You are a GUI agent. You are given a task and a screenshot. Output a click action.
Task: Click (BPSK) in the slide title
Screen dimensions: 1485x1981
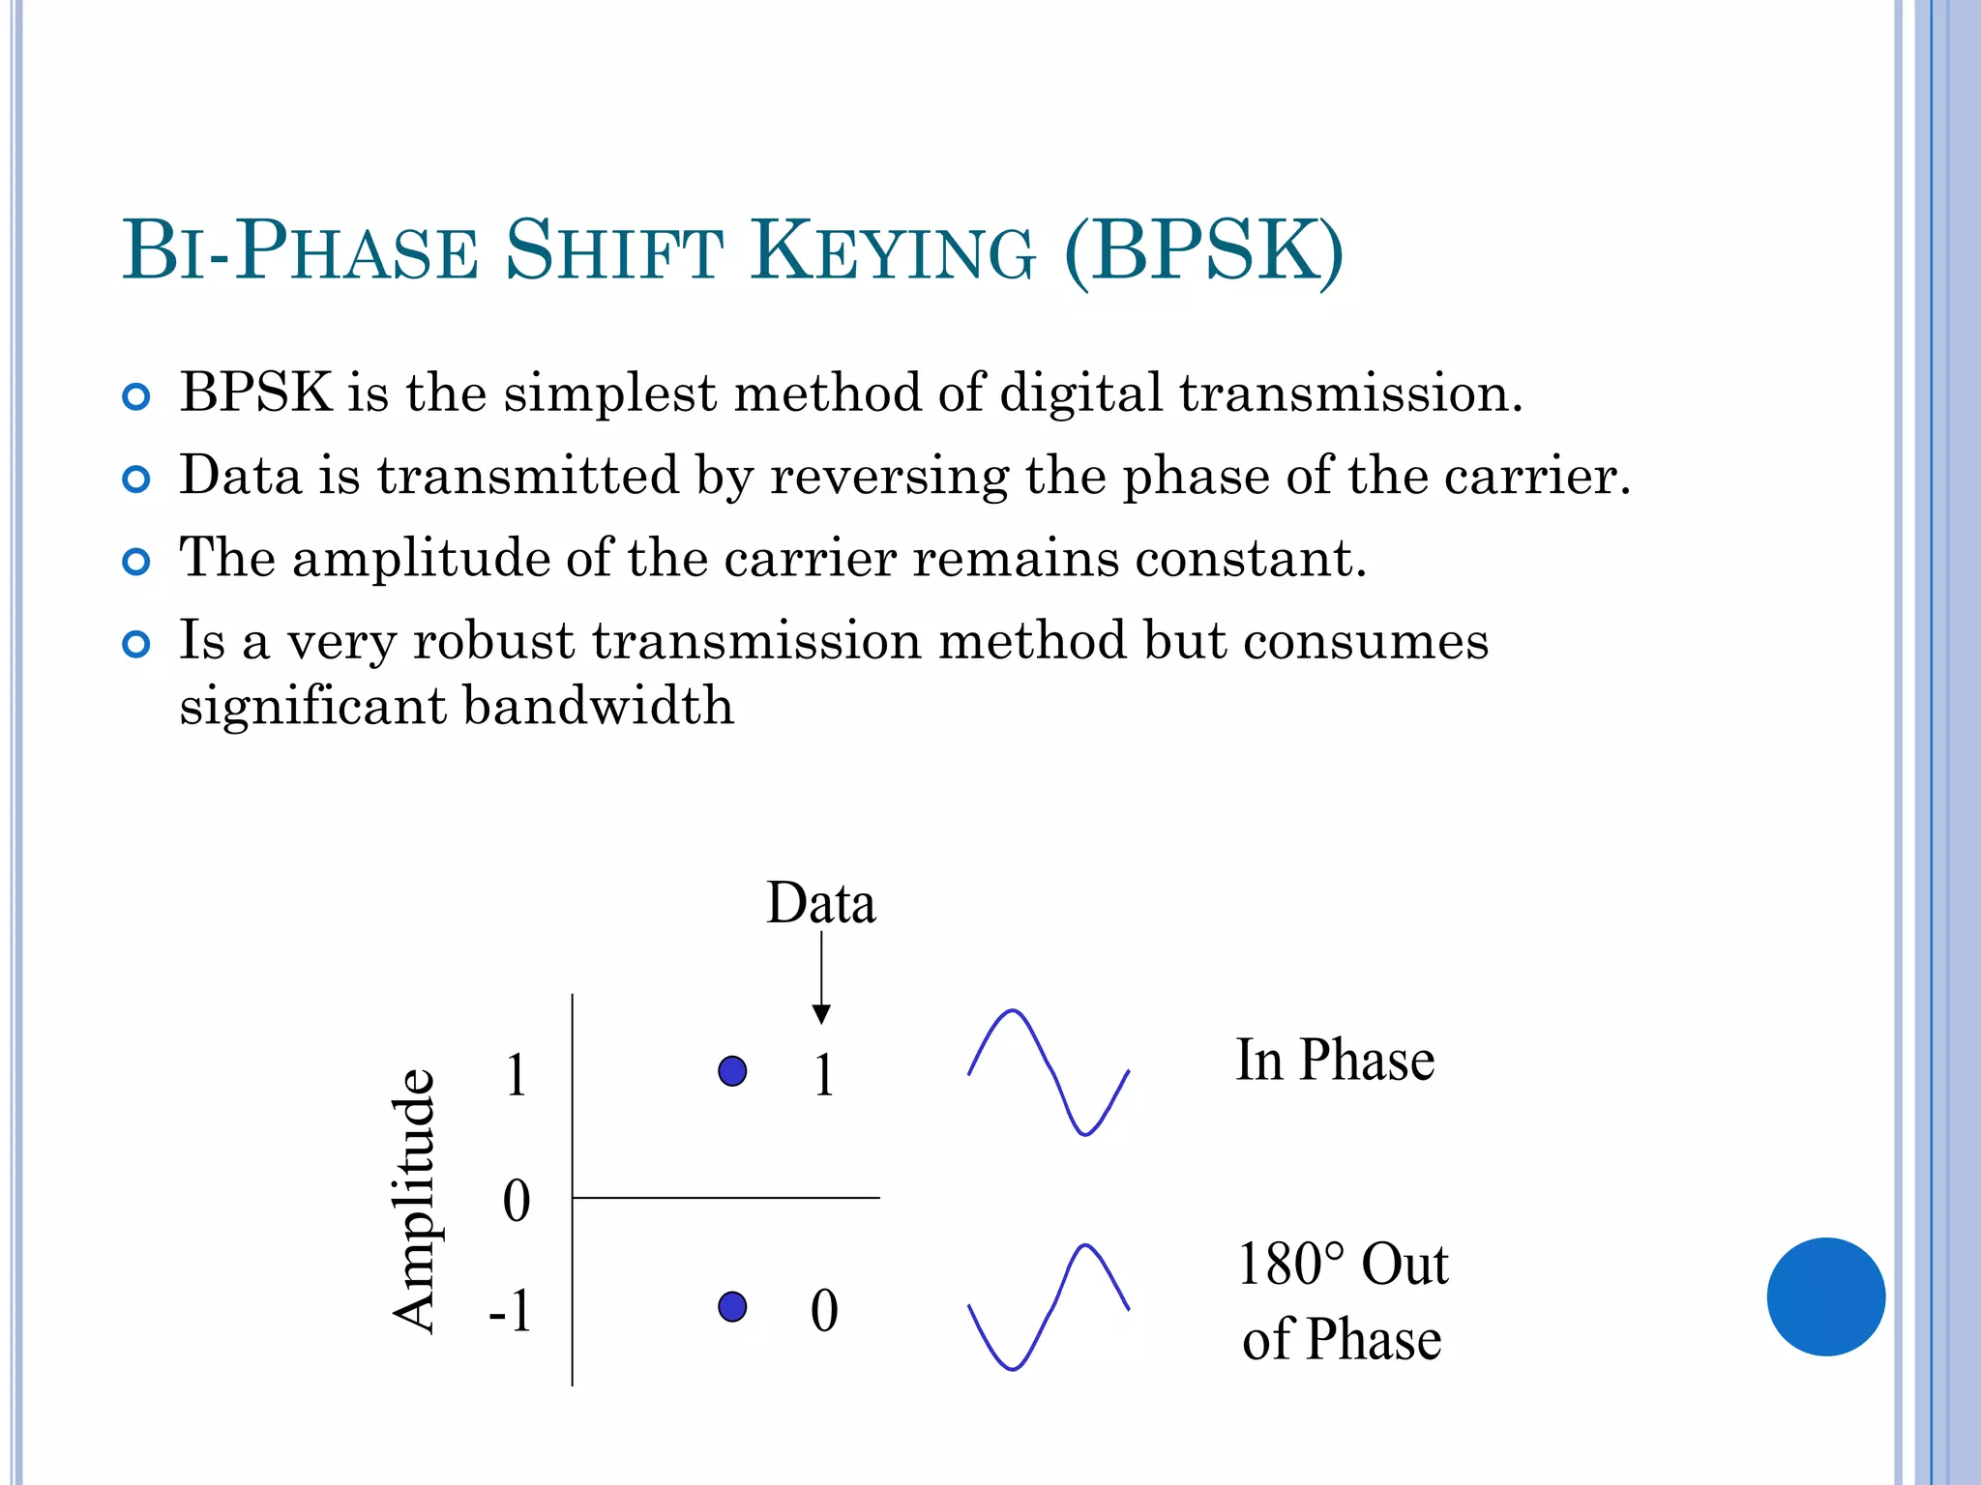pyautogui.click(x=1203, y=252)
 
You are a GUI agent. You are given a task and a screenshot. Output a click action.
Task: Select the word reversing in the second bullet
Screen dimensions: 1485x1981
pyautogui.click(x=889, y=477)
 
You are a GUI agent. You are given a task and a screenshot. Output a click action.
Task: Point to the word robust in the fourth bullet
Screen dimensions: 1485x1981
pyautogui.click(x=493, y=641)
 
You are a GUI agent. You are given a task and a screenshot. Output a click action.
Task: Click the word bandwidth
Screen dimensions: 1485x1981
pyautogui.click(x=598, y=706)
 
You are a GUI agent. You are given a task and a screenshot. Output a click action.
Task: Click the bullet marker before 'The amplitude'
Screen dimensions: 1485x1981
pyautogui.click(x=136, y=562)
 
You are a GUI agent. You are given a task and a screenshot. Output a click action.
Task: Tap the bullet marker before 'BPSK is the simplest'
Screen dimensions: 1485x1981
pyautogui.click(x=136, y=396)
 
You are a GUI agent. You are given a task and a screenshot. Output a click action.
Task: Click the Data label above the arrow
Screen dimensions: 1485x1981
pyautogui.click(x=820, y=904)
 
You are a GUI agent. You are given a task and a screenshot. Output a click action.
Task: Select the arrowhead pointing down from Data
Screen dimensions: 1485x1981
pyautogui.click(x=821, y=1014)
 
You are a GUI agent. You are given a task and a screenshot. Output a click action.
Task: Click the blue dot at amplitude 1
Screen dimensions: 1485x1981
pyautogui.click(x=732, y=1071)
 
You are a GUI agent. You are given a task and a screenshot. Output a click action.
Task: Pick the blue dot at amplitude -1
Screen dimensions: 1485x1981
pyautogui.click(x=732, y=1307)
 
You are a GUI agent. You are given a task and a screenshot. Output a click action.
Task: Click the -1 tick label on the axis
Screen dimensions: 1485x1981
pyautogui.click(x=510, y=1312)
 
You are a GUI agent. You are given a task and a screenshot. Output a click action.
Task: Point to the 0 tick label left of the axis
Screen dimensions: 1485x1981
pyautogui.click(x=517, y=1202)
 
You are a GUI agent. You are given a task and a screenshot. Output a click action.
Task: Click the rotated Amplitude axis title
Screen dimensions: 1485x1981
pyautogui.click(x=414, y=1201)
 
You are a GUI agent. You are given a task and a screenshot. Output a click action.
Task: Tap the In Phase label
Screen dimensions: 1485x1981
pyautogui.click(x=1335, y=1061)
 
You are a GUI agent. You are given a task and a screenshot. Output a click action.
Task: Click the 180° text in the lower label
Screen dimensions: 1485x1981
pyautogui.click(x=1290, y=1265)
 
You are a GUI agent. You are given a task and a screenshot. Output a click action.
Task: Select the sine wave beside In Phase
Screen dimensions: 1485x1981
pyautogui.click(x=1049, y=1072)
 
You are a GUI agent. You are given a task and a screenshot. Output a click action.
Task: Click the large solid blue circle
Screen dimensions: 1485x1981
pyautogui.click(x=1825, y=1296)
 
